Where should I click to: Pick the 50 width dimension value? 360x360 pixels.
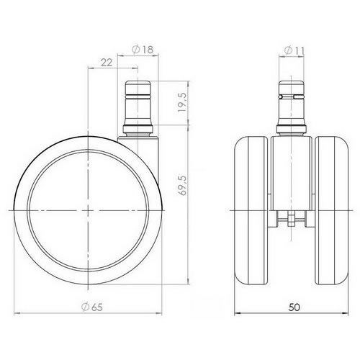point(289,307)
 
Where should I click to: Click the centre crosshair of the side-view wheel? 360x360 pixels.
point(89,209)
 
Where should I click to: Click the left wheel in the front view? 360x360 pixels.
point(254,209)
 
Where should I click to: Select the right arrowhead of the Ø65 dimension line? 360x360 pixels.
point(163,314)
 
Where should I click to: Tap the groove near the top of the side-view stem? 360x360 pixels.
point(136,92)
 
